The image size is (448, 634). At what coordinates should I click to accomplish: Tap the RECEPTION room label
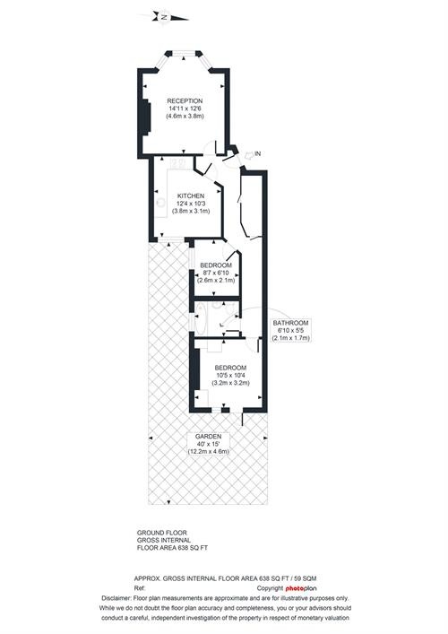click(185, 100)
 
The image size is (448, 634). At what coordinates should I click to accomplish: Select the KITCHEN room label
click(191, 195)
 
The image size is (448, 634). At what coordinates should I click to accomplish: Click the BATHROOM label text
click(291, 323)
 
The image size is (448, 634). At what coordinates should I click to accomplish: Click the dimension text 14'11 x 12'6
click(185, 109)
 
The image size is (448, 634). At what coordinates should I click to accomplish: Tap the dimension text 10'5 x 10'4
click(230, 375)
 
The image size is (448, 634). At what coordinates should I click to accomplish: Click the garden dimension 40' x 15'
click(209, 443)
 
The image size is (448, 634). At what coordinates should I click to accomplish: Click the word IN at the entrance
click(258, 155)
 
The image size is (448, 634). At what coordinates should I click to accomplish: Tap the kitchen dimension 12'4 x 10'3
click(191, 204)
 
